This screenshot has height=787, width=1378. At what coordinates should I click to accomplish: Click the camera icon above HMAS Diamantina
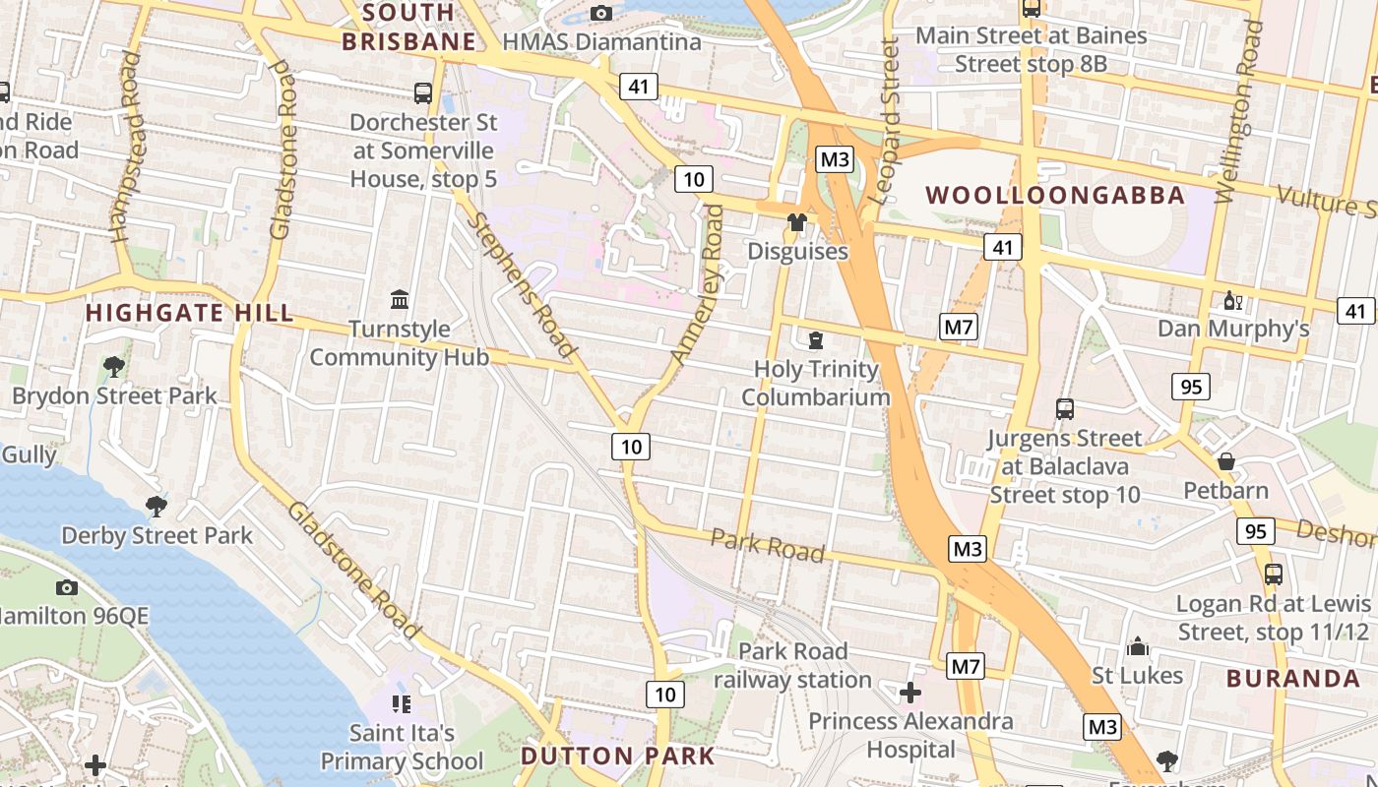click(x=600, y=13)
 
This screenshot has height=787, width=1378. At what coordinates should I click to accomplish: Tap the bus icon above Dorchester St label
click(x=423, y=93)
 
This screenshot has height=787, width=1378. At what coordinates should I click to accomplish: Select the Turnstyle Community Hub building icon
click(x=400, y=298)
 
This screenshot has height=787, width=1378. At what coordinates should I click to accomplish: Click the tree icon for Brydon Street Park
click(x=114, y=367)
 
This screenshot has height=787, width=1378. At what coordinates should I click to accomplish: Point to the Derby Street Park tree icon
click(x=156, y=507)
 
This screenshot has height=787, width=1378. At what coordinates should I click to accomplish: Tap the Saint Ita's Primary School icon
click(x=401, y=703)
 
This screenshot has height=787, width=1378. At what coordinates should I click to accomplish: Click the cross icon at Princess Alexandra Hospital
click(x=910, y=693)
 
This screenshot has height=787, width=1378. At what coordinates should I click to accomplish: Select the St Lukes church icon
click(x=1138, y=646)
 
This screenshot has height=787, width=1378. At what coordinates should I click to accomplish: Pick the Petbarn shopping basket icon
click(x=1226, y=461)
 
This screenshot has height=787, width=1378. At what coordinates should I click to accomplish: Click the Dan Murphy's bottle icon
click(x=1230, y=300)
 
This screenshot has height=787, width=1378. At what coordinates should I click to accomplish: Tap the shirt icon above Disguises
click(x=797, y=222)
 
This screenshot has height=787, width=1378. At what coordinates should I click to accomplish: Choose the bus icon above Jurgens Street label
click(x=1065, y=408)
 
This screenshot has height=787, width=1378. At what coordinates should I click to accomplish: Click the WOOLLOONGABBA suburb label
click(x=1055, y=195)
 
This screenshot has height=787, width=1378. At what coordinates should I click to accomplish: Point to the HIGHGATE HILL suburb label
click(x=189, y=313)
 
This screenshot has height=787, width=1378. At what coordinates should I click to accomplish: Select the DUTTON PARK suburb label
click(x=617, y=756)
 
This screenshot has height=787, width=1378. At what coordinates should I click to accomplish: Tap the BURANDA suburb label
click(x=1293, y=678)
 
